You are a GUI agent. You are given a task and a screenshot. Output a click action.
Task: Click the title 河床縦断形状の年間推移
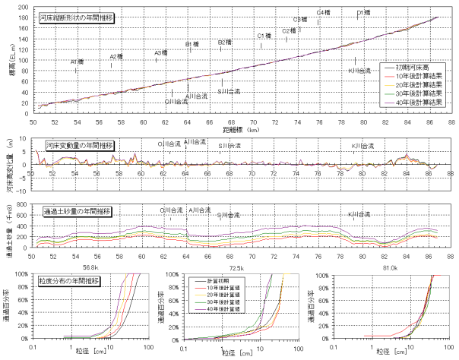point(76,17)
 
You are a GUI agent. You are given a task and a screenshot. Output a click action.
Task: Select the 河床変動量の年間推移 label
point(79,145)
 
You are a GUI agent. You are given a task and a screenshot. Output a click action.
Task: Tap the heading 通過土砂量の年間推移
point(78,211)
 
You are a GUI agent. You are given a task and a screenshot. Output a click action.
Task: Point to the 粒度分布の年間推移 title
point(69,280)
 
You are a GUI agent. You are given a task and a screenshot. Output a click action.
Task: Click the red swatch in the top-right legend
point(390,77)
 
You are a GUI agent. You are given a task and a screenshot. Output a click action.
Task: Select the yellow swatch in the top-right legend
point(390,86)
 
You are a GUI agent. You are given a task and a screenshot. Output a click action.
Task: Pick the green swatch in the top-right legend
point(390,94)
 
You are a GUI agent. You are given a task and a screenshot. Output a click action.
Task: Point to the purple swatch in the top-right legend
point(390,103)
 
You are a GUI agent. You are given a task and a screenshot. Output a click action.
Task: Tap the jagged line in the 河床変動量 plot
point(228,164)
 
